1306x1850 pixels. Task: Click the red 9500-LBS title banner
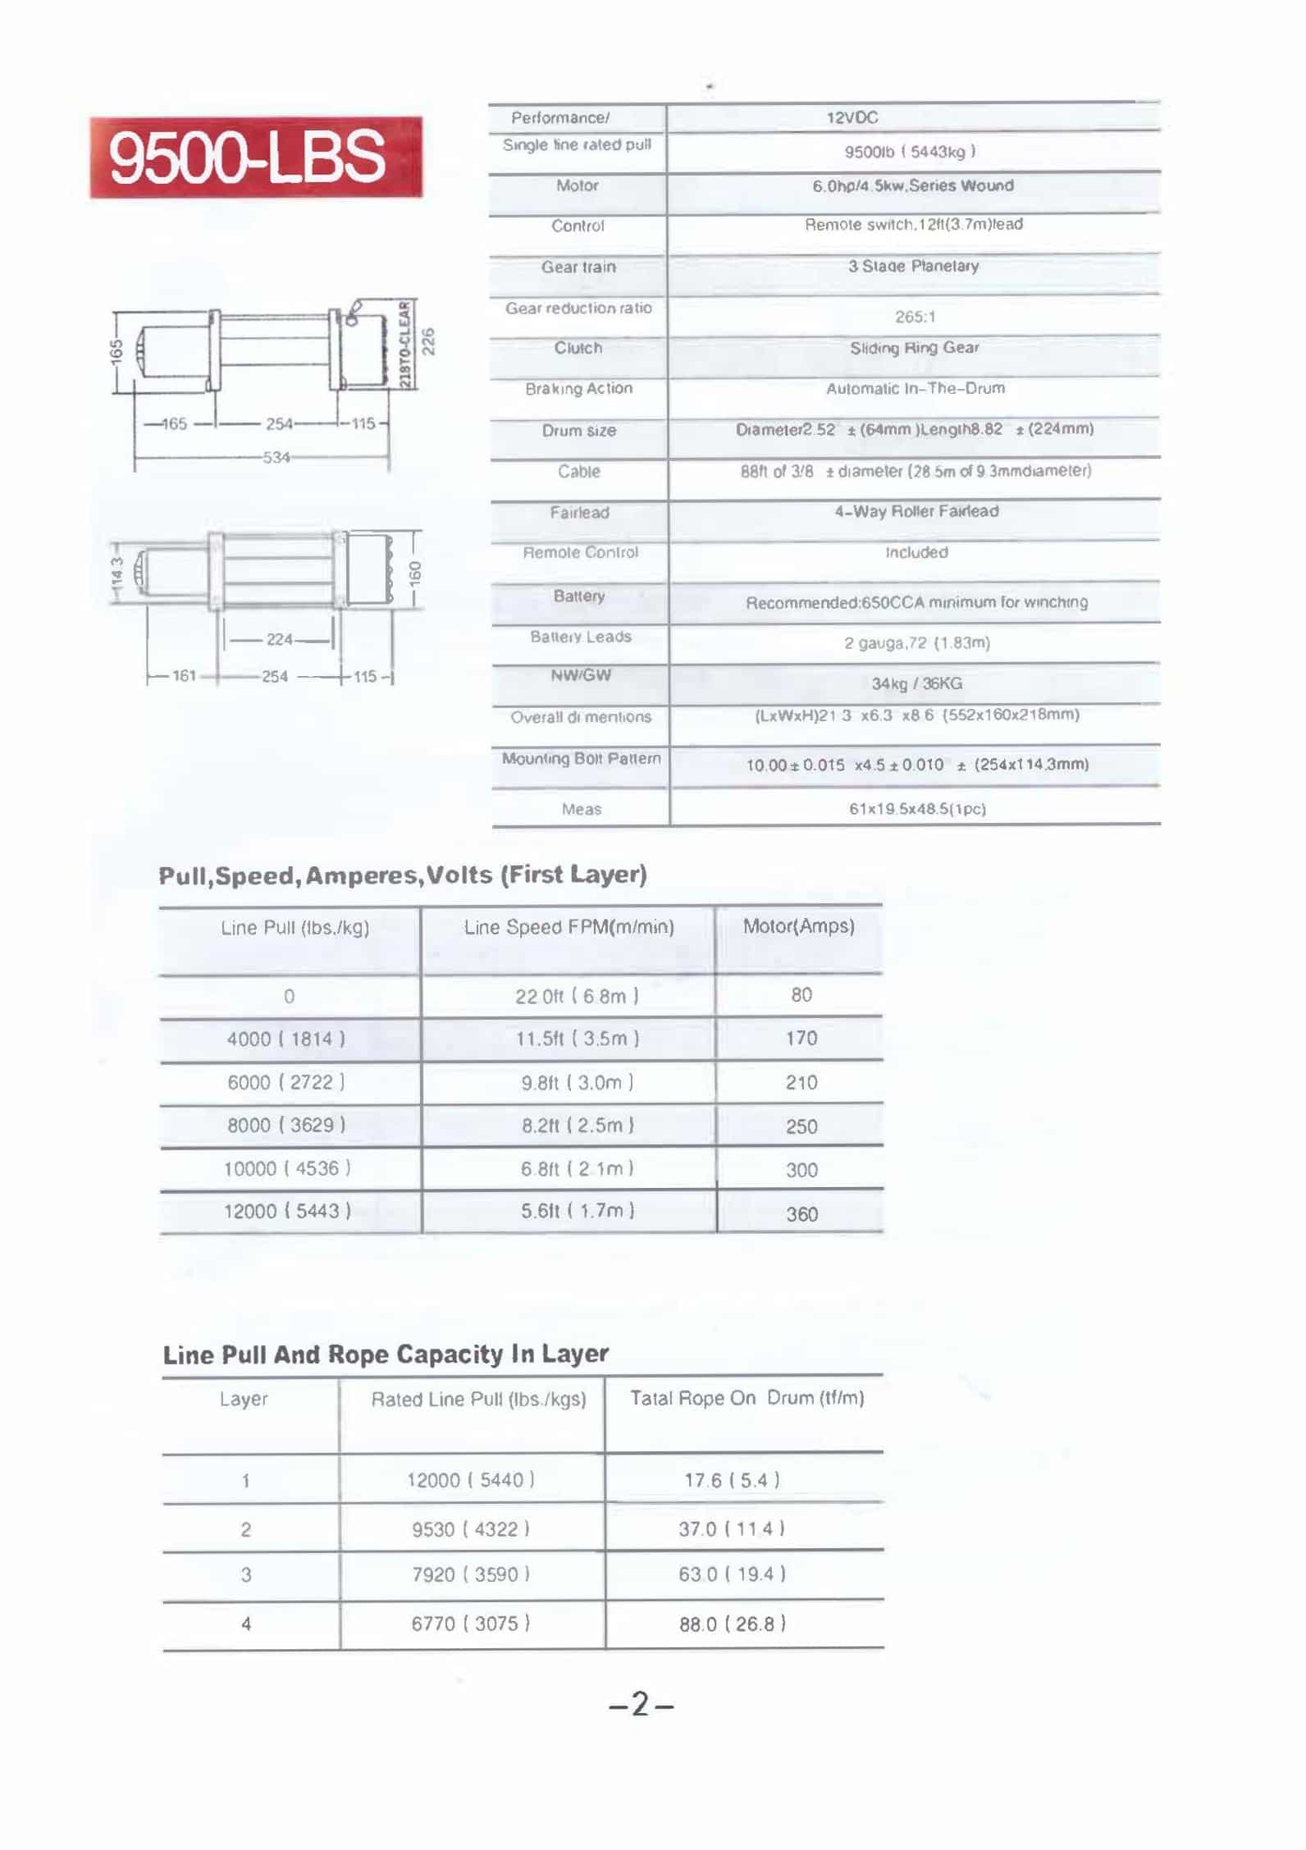255,157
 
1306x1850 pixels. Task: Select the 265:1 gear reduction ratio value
915,317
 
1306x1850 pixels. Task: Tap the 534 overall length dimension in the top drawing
276,457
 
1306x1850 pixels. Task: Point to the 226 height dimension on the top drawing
428,341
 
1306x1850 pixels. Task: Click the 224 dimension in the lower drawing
279,640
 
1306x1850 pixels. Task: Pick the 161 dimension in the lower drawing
184,676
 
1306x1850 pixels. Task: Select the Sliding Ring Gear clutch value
914,348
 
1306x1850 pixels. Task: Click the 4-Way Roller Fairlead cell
916,512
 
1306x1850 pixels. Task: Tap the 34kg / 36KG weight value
916,683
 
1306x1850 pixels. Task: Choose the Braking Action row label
578,389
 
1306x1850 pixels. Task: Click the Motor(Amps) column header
798,926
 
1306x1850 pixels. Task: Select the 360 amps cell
801,1213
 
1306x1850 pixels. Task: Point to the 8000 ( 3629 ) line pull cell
286,1125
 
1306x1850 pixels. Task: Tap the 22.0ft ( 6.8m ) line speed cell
577,996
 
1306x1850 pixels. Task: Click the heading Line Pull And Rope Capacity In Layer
386,1354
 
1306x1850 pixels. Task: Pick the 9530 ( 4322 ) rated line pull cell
470,1529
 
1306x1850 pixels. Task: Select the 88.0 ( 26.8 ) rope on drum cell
732,1624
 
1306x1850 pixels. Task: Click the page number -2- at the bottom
642,1705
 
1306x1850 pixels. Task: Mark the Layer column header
244,1399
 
